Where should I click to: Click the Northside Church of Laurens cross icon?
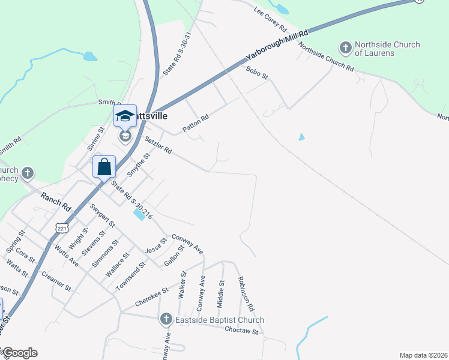tap(345, 47)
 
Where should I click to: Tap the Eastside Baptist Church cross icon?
tap(166, 320)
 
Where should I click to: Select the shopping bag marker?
tap(104, 166)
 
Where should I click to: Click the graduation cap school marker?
tap(125, 116)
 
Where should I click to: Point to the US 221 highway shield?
tap(62, 228)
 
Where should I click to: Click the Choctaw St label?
tap(243, 331)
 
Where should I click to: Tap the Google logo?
tap(19, 353)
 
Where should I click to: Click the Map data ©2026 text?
tap(423, 355)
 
